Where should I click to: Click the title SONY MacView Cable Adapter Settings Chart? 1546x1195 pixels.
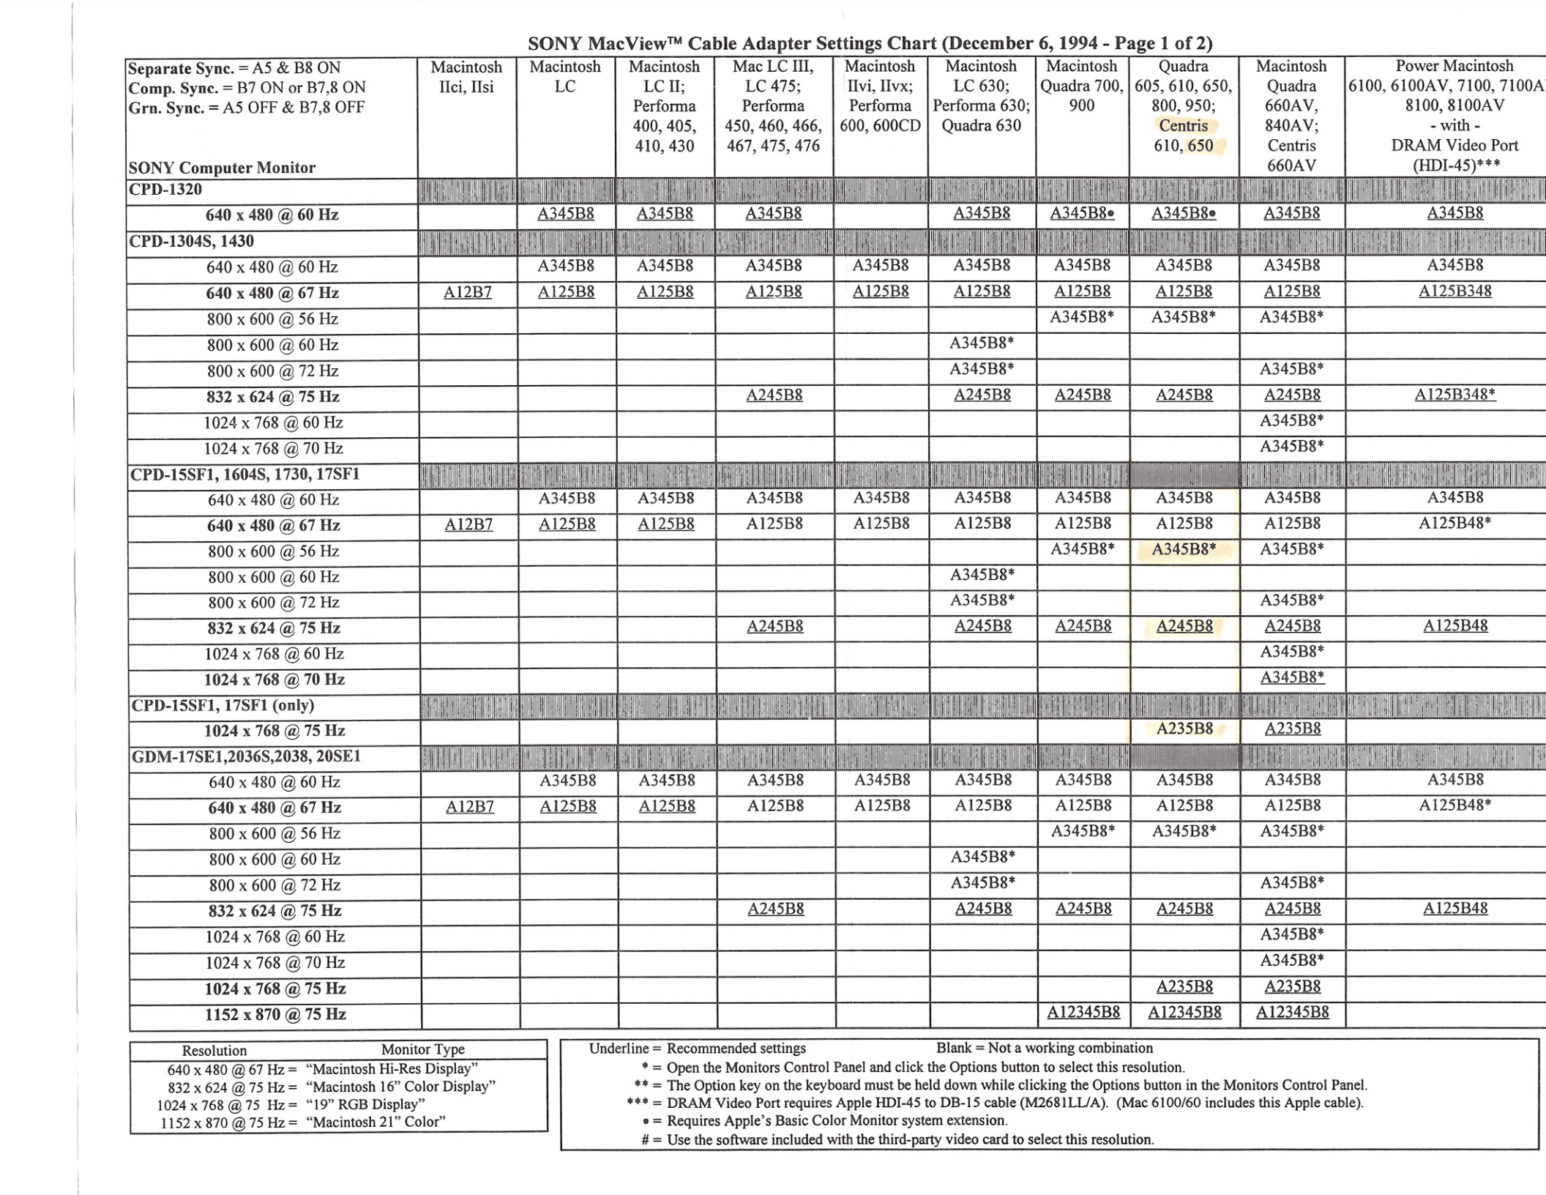coord(870,44)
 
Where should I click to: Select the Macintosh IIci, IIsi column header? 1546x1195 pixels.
coord(466,77)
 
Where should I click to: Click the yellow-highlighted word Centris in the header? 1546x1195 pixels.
coord(1183,126)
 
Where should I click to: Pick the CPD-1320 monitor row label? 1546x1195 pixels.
coord(165,190)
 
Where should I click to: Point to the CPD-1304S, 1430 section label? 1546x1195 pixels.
coord(191,242)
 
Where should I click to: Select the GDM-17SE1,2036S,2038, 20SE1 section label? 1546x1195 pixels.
coord(246,756)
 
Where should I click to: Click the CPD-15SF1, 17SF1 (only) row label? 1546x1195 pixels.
coord(223,705)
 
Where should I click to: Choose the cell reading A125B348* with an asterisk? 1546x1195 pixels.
coord(1454,395)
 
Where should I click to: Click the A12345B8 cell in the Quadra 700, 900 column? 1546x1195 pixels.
coord(1083,1013)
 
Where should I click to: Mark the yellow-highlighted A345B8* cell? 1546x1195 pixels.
coord(1184,549)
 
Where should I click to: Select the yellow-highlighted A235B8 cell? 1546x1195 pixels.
coord(1184,729)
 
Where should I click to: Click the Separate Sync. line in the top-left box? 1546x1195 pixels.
coord(234,68)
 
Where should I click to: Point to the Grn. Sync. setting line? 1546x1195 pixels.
coord(246,108)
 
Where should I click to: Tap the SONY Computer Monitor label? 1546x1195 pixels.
coord(222,168)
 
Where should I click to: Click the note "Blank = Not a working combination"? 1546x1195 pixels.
coord(1044,1048)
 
